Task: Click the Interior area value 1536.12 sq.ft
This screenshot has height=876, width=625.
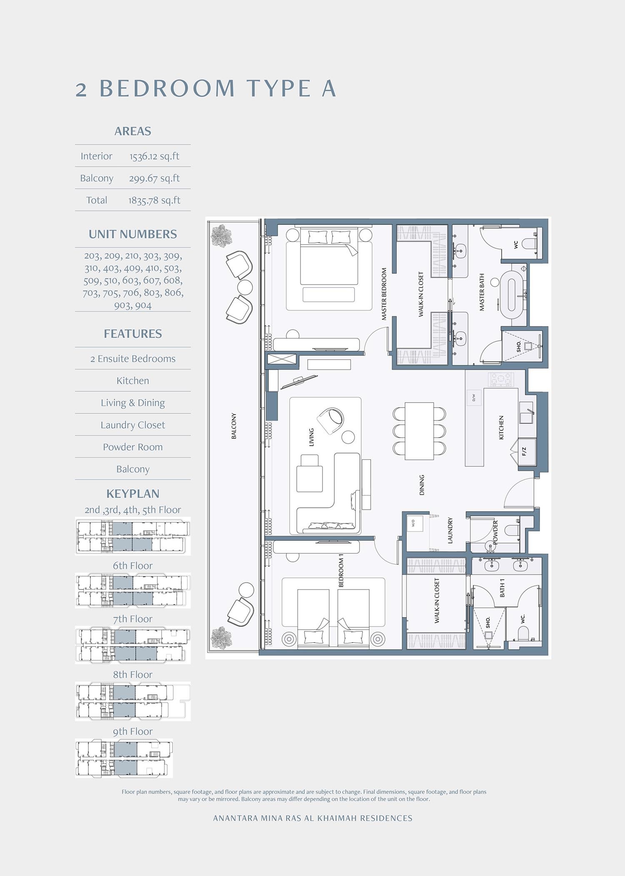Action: [154, 156]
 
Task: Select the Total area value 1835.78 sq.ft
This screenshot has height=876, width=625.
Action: [154, 200]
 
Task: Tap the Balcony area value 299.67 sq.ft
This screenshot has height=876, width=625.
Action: [154, 178]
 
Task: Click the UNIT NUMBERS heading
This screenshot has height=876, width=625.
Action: [132, 234]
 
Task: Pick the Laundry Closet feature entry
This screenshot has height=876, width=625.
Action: [132, 425]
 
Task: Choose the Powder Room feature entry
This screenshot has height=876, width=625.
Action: [132, 447]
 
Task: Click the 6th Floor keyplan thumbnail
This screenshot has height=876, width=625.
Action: [132, 590]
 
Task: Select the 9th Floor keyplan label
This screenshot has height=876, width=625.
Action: [132, 731]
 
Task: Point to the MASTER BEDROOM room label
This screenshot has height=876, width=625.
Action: [384, 294]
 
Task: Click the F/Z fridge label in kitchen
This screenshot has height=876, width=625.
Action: [524, 451]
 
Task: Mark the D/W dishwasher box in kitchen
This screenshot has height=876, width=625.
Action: [474, 398]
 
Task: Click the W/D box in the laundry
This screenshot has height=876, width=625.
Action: [414, 523]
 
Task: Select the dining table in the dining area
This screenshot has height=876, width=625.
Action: [419, 430]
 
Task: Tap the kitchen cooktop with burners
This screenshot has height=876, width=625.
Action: [501, 379]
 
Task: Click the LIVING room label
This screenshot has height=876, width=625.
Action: [311, 437]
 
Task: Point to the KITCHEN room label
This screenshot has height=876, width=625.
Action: [501, 427]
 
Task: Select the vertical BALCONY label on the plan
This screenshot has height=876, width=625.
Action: [234, 426]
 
